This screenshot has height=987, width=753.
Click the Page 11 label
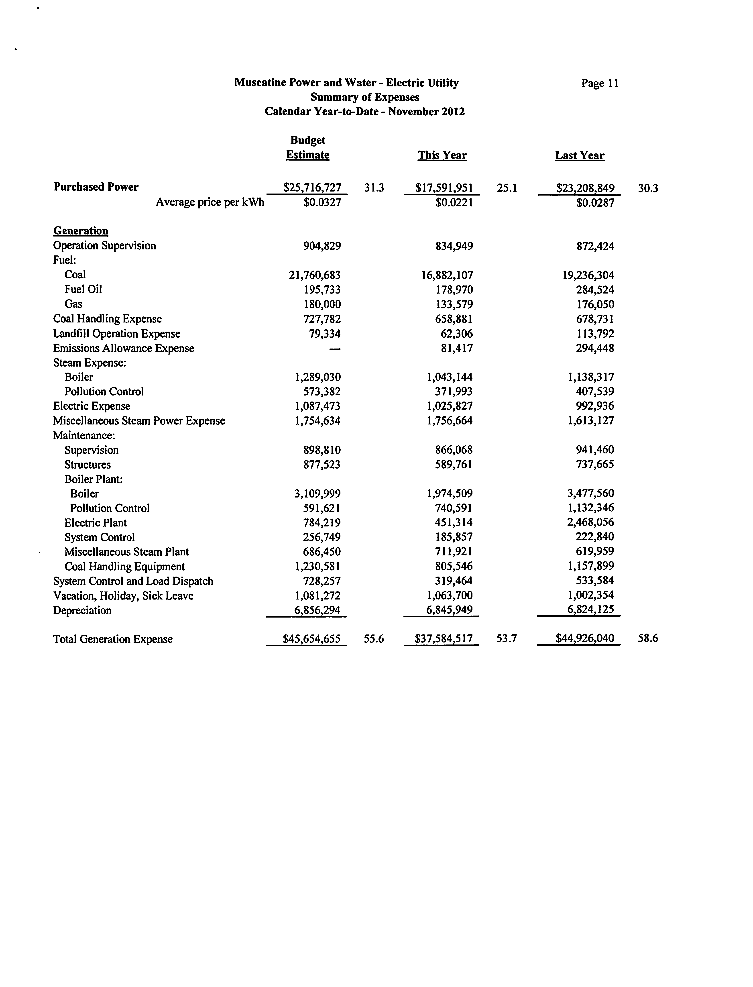[x=600, y=83]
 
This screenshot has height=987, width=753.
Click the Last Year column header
[x=580, y=155]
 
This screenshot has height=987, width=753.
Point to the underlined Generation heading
[x=81, y=231]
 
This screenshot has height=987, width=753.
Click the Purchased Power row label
[x=96, y=187]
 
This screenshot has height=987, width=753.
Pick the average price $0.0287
[x=595, y=203]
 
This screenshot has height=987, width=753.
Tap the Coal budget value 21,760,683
[x=315, y=275]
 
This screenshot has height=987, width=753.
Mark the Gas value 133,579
[x=454, y=304]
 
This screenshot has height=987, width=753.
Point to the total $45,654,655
[x=311, y=639]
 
